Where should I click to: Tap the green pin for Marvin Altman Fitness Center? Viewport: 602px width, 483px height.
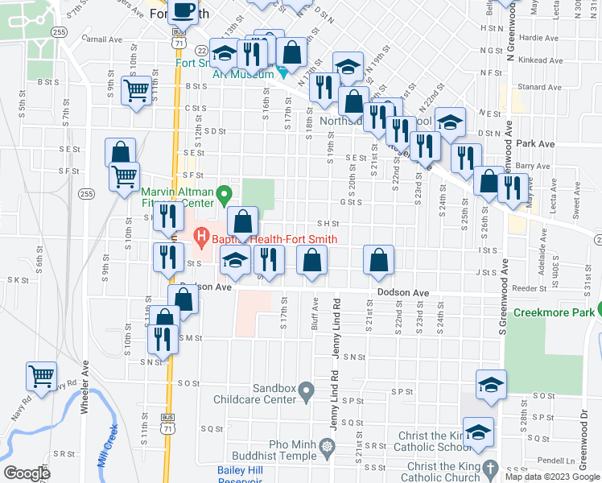click(x=226, y=193)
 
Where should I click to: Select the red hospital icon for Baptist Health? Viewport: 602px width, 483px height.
click(x=202, y=238)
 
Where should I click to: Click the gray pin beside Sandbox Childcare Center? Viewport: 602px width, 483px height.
click(x=306, y=392)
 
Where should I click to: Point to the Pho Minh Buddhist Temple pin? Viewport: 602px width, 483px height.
click(x=326, y=446)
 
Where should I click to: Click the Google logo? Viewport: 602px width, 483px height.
click(x=27, y=473)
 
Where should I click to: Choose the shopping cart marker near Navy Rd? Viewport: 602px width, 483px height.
click(x=41, y=375)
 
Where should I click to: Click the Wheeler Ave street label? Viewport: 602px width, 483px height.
click(x=84, y=392)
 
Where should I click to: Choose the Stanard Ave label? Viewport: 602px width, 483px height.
click(x=539, y=86)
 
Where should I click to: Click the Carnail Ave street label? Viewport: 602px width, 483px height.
click(x=101, y=38)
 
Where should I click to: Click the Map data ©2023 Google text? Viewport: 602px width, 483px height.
click(x=553, y=477)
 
